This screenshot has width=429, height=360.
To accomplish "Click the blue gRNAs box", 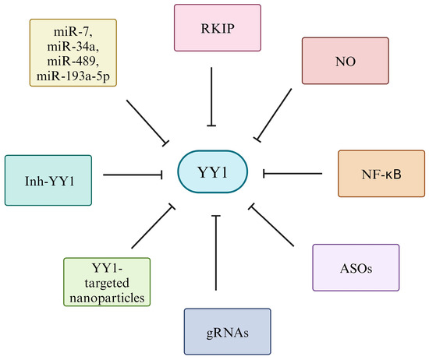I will [x=227, y=332].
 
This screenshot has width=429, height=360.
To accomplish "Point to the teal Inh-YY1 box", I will [x=49, y=180].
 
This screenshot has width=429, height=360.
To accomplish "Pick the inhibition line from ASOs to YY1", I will [x=275, y=227].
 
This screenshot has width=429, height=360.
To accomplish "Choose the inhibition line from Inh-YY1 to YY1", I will [x=131, y=175].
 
